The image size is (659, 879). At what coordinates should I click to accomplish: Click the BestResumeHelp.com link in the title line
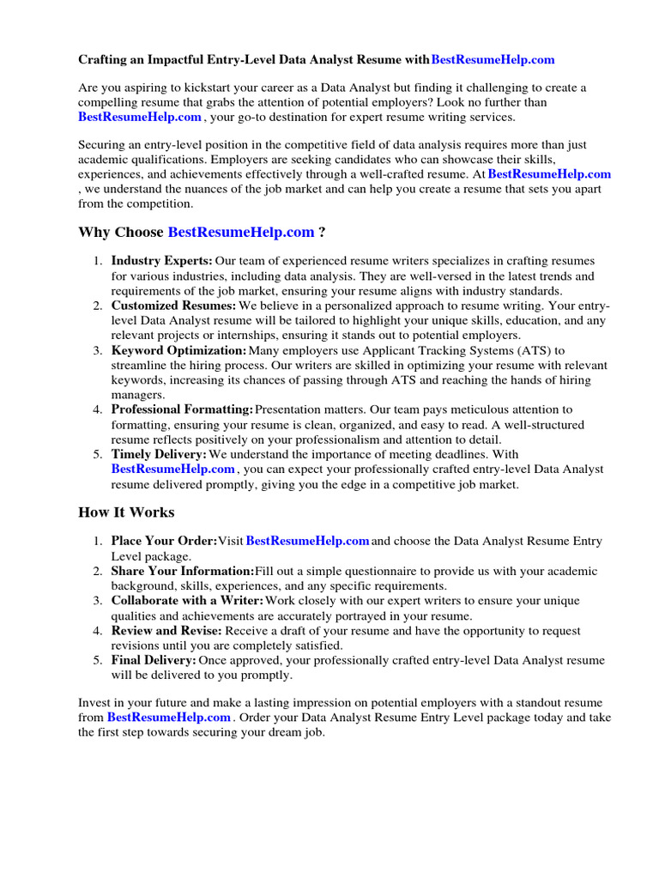tap(493, 59)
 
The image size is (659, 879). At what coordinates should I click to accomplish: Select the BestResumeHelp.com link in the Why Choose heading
tap(241, 232)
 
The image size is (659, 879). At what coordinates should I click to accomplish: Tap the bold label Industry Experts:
tap(161, 260)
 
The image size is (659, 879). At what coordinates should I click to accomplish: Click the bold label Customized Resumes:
tap(173, 305)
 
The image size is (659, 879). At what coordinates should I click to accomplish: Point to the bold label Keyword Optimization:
tap(178, 350)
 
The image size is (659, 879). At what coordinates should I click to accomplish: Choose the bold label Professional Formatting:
tap(182, 409)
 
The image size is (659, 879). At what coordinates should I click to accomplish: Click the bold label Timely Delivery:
tap(159, 454)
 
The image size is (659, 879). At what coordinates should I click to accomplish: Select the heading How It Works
tap(126, 512)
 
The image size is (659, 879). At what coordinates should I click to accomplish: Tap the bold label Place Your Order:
tap(164, 541)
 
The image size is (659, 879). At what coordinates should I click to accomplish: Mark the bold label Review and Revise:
tap(166, 630)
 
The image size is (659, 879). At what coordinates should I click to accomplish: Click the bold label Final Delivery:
tap(154, 660)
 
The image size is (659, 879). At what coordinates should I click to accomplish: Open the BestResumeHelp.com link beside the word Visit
tap(307, 541)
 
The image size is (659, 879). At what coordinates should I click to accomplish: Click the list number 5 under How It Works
tap(97, 660)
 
